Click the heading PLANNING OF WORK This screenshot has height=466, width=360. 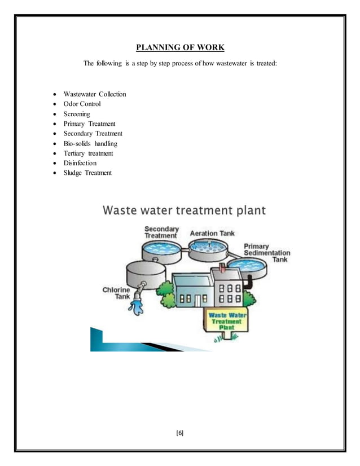point(179,47)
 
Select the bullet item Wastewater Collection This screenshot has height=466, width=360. point(95,94)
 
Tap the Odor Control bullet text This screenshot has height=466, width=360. point(82,104)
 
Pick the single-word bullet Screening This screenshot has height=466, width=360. point(77,114)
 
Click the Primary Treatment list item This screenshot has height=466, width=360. point(89,124)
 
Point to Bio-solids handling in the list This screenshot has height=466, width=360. point(90,143)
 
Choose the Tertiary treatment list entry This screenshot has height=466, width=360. point(88,153)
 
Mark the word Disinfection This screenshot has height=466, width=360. point(80,163)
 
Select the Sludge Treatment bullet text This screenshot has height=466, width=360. point(87,173)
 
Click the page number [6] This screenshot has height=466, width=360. point(180,433)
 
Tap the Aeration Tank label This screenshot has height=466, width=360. point(212,233)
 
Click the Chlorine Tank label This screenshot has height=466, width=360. point(116,293)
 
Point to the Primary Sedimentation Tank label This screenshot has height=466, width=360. point(267,253)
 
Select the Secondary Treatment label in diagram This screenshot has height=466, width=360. point(161,232)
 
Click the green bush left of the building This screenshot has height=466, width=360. point(167,293)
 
